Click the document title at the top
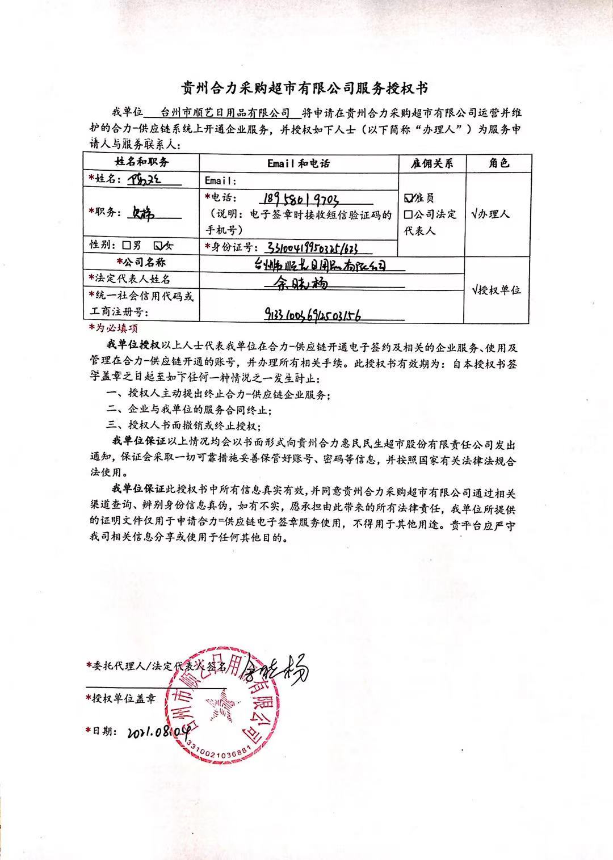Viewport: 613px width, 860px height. point(305,88)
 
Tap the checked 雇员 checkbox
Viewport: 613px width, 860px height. point(408,198)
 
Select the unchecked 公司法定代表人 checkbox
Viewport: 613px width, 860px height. point(408,214)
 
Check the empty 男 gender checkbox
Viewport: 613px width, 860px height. point(127,245)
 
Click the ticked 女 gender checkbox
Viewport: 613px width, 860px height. point(159,245)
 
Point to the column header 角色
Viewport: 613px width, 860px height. point(498,163)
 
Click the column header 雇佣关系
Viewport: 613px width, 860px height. point(433,163)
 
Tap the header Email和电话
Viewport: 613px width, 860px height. point(299,163)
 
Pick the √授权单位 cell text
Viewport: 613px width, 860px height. point(496,290)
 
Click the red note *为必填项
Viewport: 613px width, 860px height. point(113,328)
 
